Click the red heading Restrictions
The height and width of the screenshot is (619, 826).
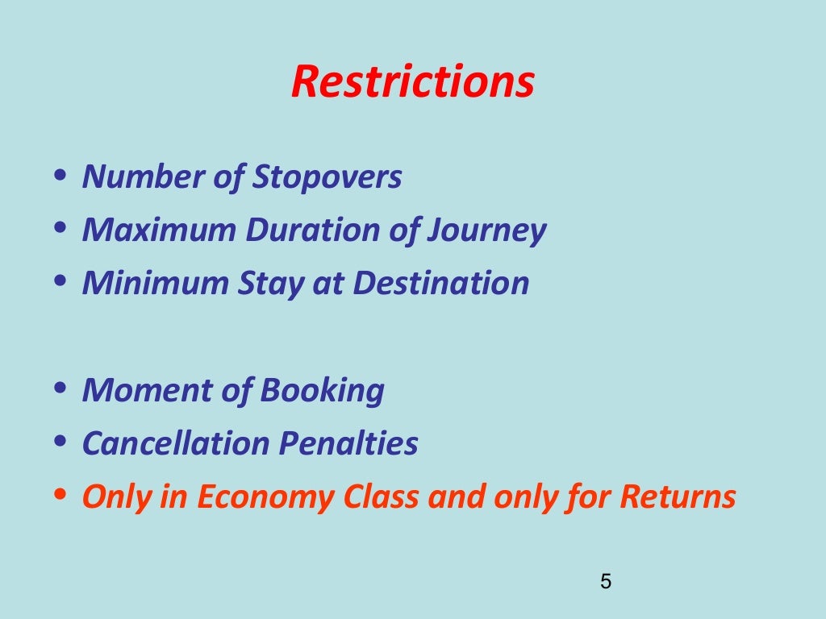pyautogui.click(x=412, y=81)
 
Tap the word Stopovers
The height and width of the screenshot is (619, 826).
pyautogui.click(x=327, y=177)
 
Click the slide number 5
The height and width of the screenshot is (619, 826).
pyautogui.click(x=607, y=581)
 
